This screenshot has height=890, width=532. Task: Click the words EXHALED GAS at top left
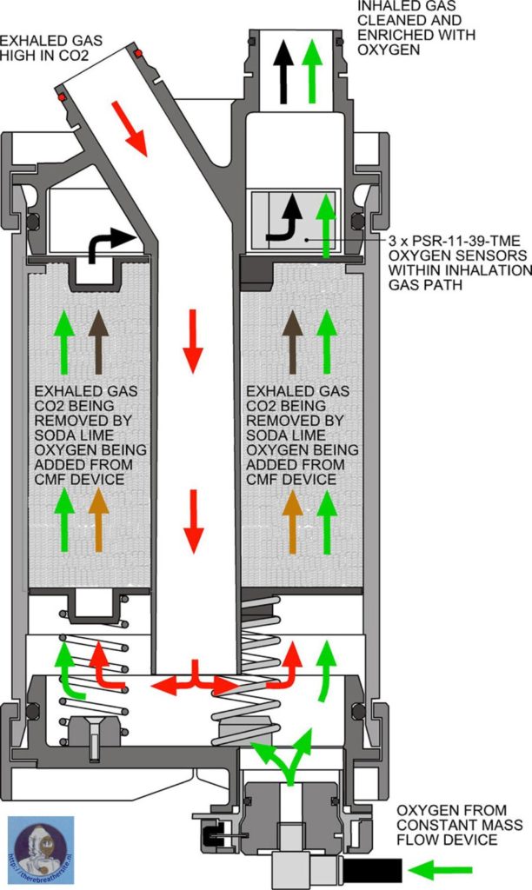[43, 41]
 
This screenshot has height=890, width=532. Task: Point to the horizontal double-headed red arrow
[196, 683]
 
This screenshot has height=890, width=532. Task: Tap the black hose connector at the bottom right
[372, 868]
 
